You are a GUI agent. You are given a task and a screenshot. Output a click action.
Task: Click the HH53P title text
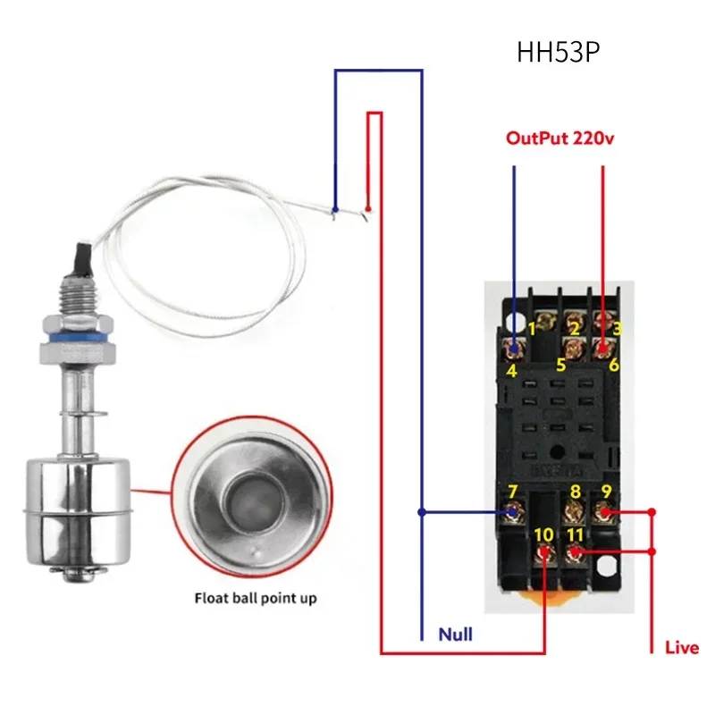coord(558,53)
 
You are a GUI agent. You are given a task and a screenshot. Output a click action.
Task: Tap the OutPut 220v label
coord(560,139)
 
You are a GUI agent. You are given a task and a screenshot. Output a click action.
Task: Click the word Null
coord(455,635)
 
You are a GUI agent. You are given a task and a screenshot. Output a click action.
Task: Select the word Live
coord(682,648)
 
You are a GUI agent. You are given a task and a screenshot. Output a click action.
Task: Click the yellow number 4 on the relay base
coord(511,370)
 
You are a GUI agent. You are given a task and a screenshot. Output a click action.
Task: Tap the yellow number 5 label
coord(560,366)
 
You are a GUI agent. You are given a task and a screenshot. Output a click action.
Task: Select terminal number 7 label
coord(512,492)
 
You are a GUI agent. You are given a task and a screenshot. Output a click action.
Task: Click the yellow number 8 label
coord(575,492)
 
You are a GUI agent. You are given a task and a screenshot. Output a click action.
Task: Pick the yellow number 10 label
coord(543,534)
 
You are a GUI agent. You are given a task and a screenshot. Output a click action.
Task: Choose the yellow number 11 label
coord(575,534)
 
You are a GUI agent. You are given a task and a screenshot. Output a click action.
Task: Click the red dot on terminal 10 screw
coord(545,554)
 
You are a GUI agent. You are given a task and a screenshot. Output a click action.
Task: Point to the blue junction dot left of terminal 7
coord(421,513)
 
